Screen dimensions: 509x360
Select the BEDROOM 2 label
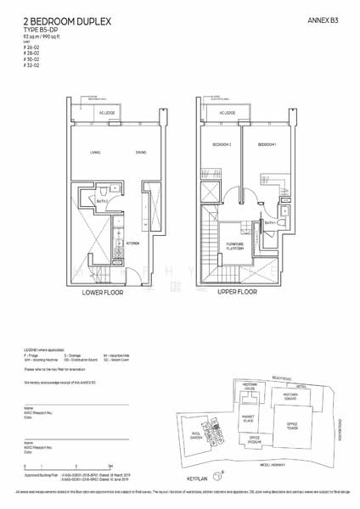(x=222, y=145)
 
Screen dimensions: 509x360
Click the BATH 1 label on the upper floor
(x=271, y=221)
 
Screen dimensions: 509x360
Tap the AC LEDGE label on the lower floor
(x=107, y=112)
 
